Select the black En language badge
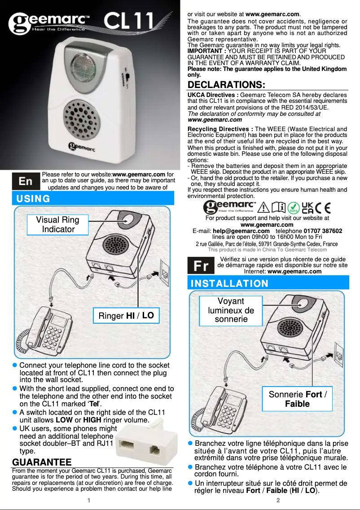25,181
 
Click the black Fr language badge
201,266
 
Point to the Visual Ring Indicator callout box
57,224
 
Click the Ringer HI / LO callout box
126,316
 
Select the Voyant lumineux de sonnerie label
231,310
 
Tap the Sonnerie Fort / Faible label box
297,399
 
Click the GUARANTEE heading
42,462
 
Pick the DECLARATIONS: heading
226,85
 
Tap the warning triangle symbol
264,207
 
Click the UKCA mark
308,207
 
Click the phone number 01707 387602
323,231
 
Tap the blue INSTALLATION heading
229,283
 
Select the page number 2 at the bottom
278,500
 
